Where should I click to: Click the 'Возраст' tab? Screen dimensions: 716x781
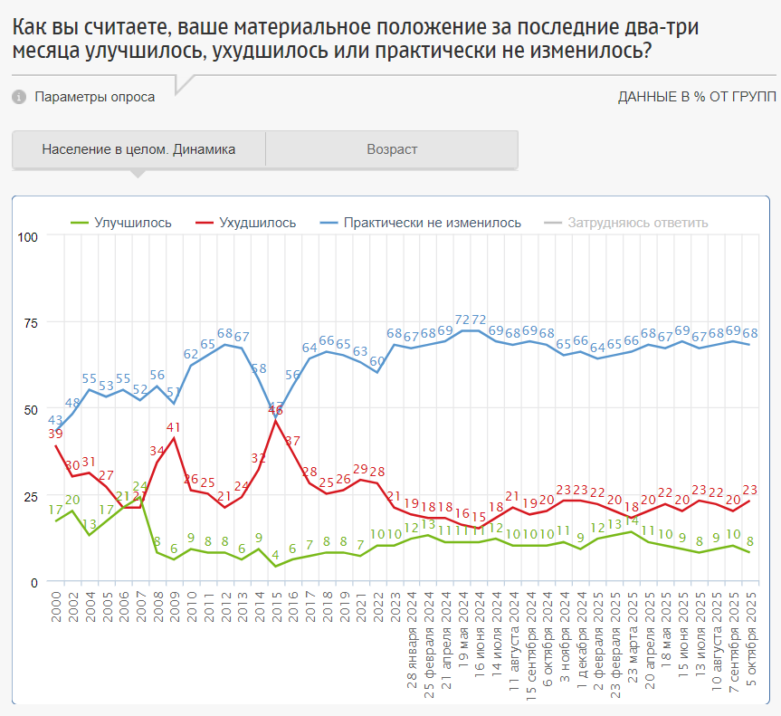(x=392, y=149)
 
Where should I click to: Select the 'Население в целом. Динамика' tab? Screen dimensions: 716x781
(x=138, y=149)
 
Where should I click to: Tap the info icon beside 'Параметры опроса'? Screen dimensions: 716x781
(x=20, y=97)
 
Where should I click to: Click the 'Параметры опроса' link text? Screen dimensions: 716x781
(x=94, y=97)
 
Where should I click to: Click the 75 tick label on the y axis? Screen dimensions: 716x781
(x=31, y=323)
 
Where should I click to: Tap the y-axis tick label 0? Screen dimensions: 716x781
(x=34, y=582)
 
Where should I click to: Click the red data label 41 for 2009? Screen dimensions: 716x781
(x=174, y=427)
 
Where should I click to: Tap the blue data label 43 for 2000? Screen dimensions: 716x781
(x=55, y=420)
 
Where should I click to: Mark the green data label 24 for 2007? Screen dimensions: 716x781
(x=140, y=487)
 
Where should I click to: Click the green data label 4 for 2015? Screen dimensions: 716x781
(x=275, y=554)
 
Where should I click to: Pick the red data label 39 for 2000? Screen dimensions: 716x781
(x=55, y=434)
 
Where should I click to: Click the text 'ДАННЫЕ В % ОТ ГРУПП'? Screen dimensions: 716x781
(x=697, y=97)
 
